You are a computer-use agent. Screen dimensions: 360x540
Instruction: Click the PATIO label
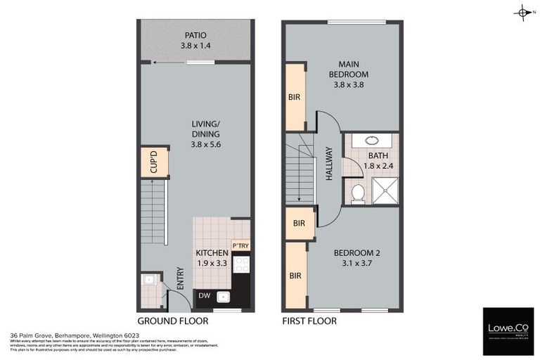tap(196, 40)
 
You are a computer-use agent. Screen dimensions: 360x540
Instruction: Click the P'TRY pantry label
tap(240, 245)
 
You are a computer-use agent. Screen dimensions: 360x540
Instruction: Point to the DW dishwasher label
tap(204, 297)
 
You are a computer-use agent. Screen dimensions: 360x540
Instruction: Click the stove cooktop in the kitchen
tap(240, 264)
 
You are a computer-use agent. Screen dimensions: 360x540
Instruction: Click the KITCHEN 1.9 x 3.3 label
tap(212, 258)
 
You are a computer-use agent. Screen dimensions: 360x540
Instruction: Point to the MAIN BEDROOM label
tap(351, 74)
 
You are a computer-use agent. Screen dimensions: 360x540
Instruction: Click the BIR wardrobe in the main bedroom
tap(295, 98)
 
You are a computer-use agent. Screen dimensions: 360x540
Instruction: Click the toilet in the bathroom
tap(357, 192)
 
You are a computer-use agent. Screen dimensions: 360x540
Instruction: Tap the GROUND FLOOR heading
tap(173, 321)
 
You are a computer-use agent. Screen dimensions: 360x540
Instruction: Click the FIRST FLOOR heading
tap(309, 321)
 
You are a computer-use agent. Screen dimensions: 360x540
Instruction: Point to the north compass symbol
tap(522, 12)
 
